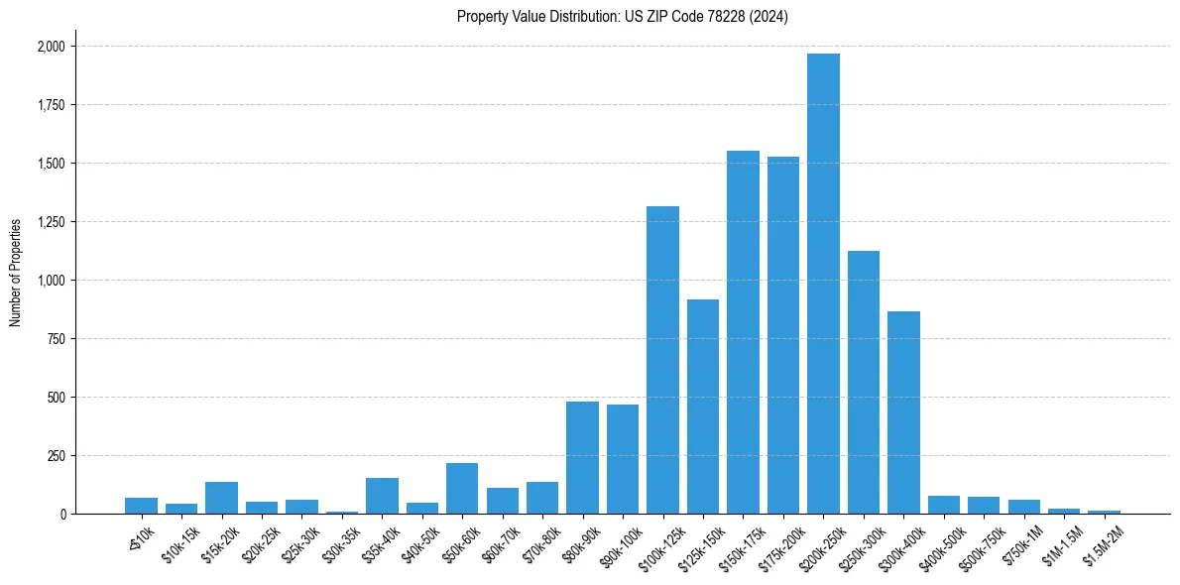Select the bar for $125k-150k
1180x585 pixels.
(x=703, y=407)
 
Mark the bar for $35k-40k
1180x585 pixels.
(x=382, y=496)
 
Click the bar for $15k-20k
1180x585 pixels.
(x=221, y=498)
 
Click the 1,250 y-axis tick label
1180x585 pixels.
(x=51, y=222)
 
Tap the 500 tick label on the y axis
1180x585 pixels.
(x=57, y=398)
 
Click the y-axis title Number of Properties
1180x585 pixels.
(x=15, y=273)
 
